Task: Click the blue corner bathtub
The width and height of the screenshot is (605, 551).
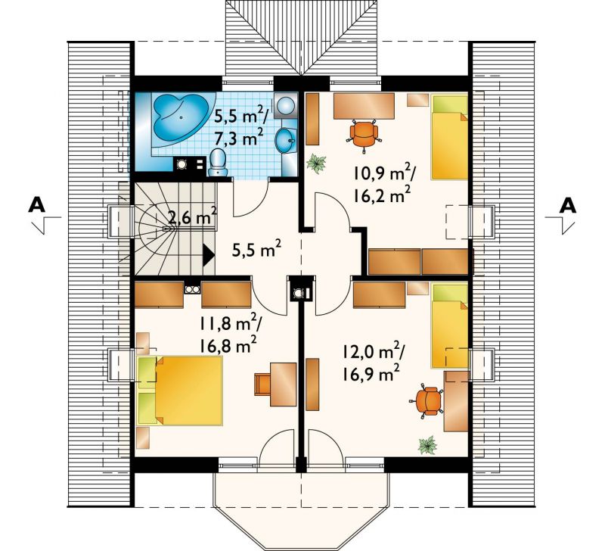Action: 181,120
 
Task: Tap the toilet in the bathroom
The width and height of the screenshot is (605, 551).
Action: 218,163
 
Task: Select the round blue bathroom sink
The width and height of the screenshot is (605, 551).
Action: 286,141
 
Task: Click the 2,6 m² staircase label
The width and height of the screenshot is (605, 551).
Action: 193,219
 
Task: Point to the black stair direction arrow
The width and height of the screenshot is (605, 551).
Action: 209,255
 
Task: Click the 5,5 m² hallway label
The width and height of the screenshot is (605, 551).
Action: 256,249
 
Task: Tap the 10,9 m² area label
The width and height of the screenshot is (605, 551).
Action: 384,174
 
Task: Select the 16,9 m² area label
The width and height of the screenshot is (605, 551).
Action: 371,373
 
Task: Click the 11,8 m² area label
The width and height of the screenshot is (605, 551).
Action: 231,324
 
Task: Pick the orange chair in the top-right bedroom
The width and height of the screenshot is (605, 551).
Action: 364,132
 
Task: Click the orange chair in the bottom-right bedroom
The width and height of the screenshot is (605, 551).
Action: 428,400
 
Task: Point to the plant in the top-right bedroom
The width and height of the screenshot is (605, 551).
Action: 316,163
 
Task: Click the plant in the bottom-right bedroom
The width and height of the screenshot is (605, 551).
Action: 427,444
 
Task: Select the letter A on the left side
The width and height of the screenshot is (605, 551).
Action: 36,205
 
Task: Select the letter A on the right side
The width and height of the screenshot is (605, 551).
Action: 568,205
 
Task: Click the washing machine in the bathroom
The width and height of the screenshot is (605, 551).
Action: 286,105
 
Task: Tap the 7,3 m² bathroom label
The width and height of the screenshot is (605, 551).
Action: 239,138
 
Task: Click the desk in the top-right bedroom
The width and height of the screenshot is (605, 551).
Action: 364,106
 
